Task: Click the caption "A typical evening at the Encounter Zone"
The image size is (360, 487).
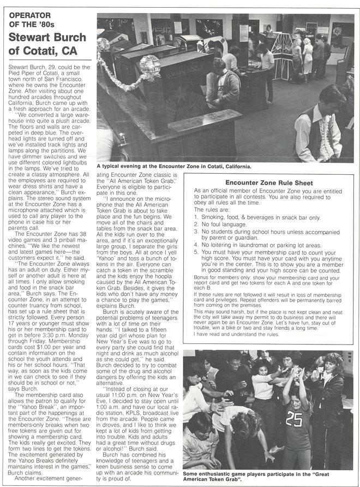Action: click(174, 165)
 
